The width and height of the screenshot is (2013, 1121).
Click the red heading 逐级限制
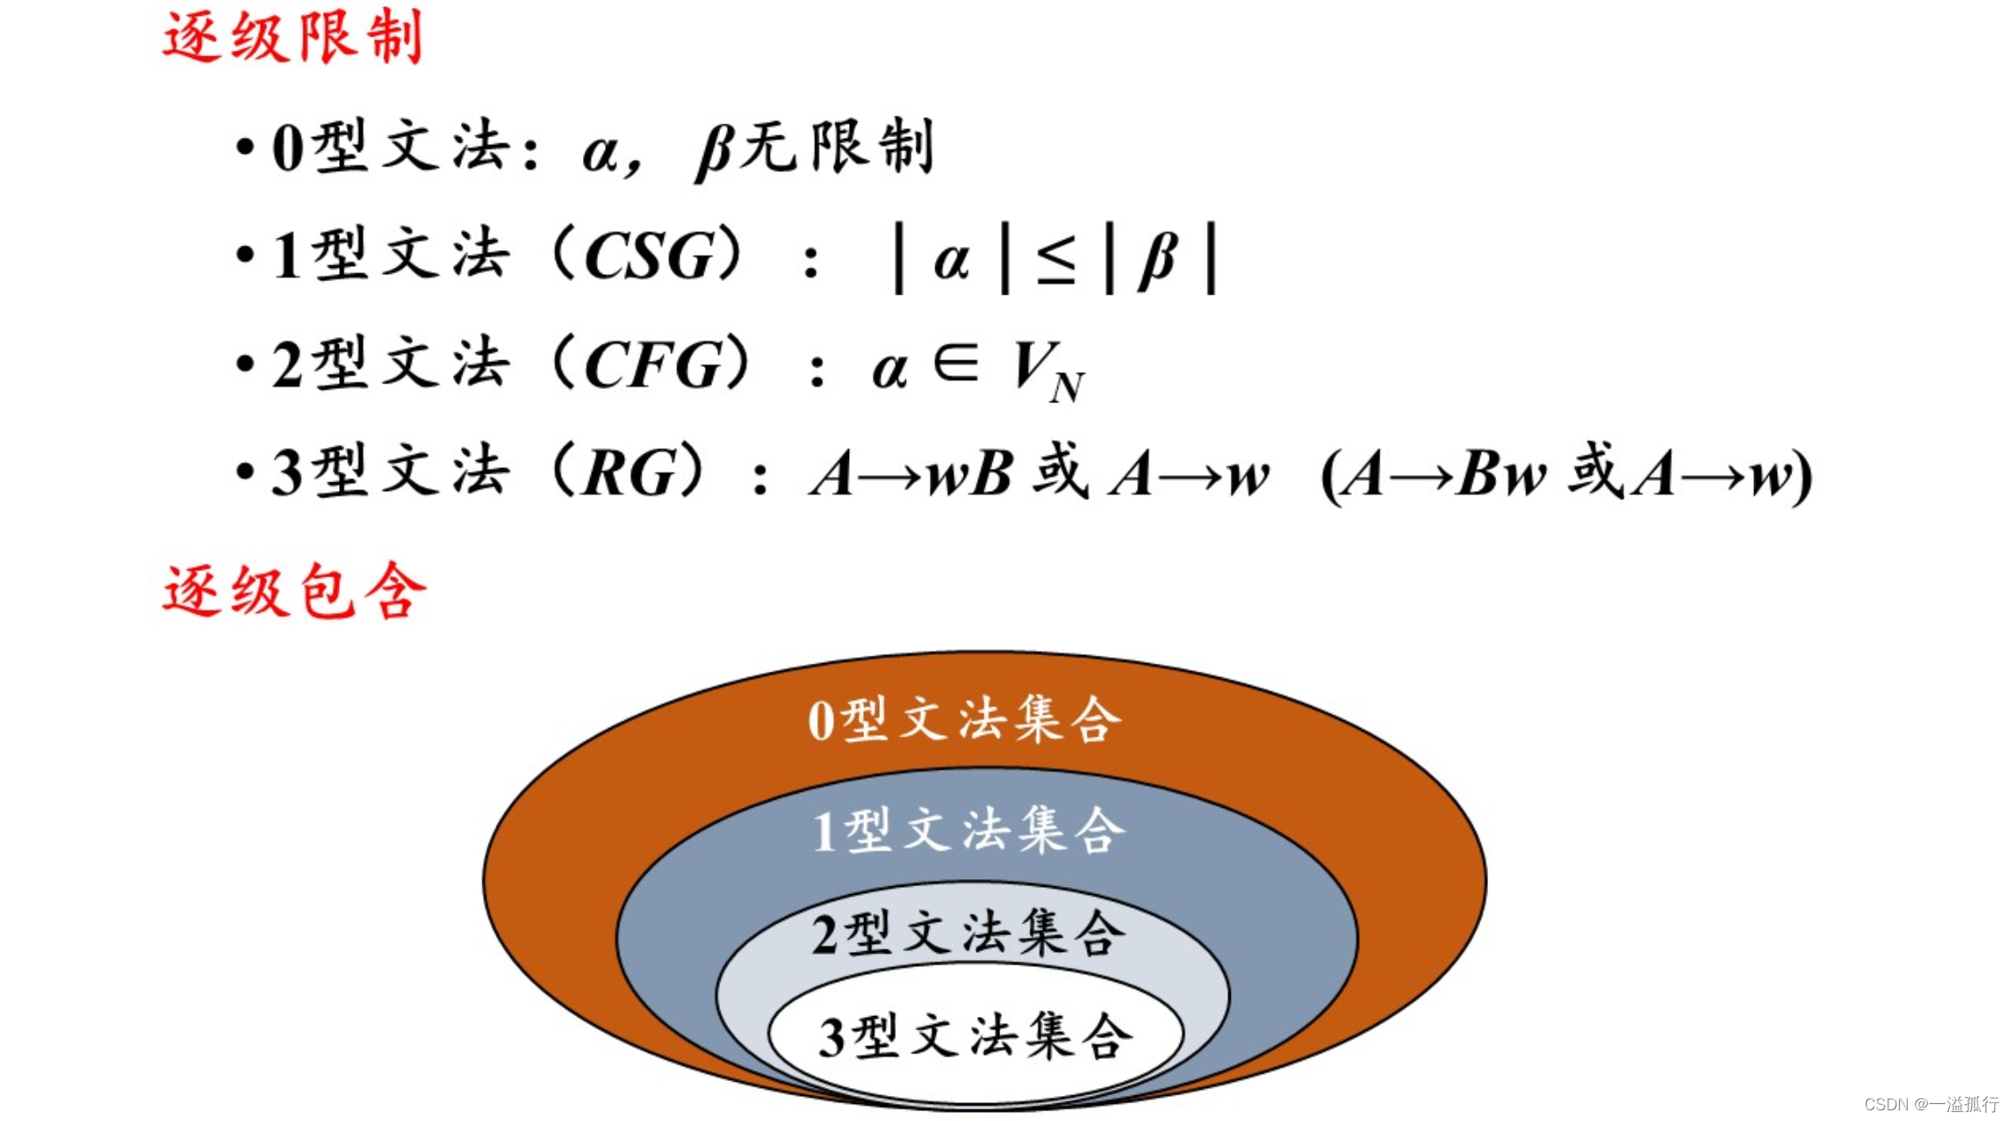point(292,37)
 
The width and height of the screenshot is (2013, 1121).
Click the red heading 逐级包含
point(294,592)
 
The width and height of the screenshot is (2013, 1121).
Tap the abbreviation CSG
point(649,257)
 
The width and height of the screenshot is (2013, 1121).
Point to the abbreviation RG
point(628,473)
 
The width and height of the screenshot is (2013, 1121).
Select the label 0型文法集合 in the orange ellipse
point(965,720)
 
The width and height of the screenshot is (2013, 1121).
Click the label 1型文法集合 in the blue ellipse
point(968,830)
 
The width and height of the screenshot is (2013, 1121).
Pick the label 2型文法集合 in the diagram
point(968,933)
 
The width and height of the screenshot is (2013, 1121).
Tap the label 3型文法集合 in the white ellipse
point(975,1036)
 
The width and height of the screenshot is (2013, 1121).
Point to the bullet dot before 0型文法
point(245,148)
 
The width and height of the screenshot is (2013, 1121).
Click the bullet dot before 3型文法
point(245,473)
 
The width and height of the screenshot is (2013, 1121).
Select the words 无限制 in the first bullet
point(837,147)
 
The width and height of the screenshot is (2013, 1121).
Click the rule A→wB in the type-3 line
point(911,474)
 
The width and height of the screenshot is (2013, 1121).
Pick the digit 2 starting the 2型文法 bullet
point(287,366)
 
